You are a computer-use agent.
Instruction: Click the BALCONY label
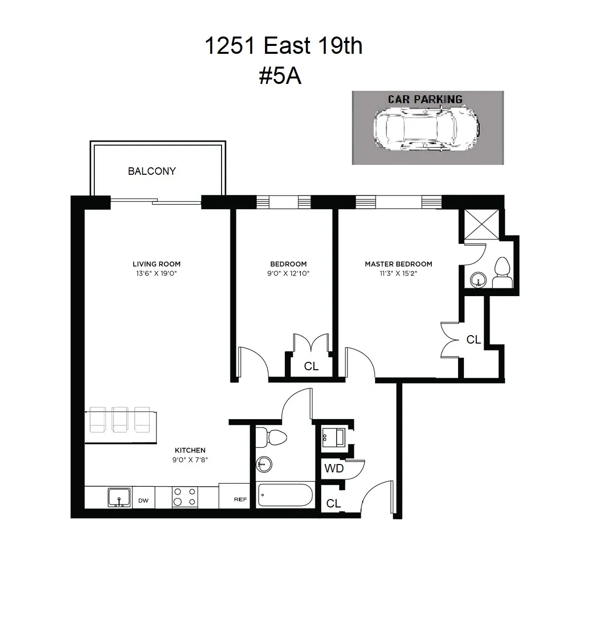[152, 171]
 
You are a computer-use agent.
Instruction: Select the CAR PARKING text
[425, 99]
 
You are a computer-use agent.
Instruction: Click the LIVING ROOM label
[156, 264]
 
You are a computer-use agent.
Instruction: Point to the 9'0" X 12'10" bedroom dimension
[288, 273]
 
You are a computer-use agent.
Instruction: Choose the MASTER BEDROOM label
[398, 264]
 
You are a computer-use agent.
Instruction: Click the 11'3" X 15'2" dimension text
[398, 273]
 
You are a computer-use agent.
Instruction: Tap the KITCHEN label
[190, 450]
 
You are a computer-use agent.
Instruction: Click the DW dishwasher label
[143, 501]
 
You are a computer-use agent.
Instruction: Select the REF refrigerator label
[240, 500]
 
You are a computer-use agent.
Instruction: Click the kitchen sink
[119, 497]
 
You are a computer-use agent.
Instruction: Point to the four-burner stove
[185, 497]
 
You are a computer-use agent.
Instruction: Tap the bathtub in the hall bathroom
[285, 495]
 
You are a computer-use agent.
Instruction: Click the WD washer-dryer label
[334, 468]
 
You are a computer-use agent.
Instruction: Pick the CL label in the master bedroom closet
[473, 340]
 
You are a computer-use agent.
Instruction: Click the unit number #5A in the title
[280, 77]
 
